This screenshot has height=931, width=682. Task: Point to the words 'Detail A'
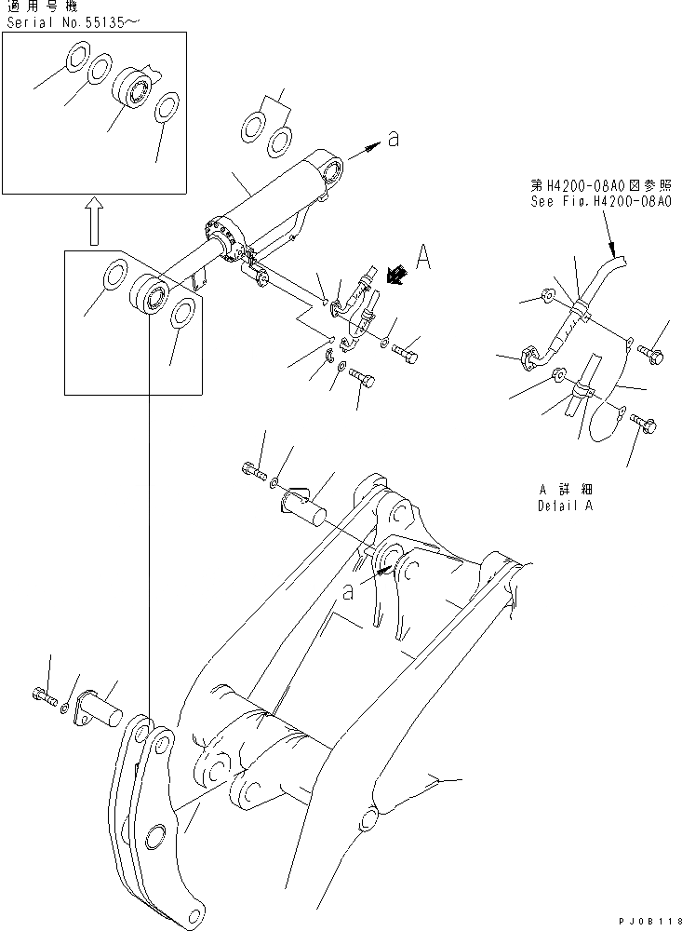pyautogui.click(x=566, y=506)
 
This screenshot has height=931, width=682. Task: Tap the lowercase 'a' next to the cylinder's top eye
pyautogui.click(x=393, y=140)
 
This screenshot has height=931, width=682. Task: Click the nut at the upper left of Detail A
pyautogui.click(x=548, y=298)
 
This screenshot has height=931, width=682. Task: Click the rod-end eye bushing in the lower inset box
pyautogui.click(x=149, y=297)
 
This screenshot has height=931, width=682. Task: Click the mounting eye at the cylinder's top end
pyautogui.click(x=331, y=169)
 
